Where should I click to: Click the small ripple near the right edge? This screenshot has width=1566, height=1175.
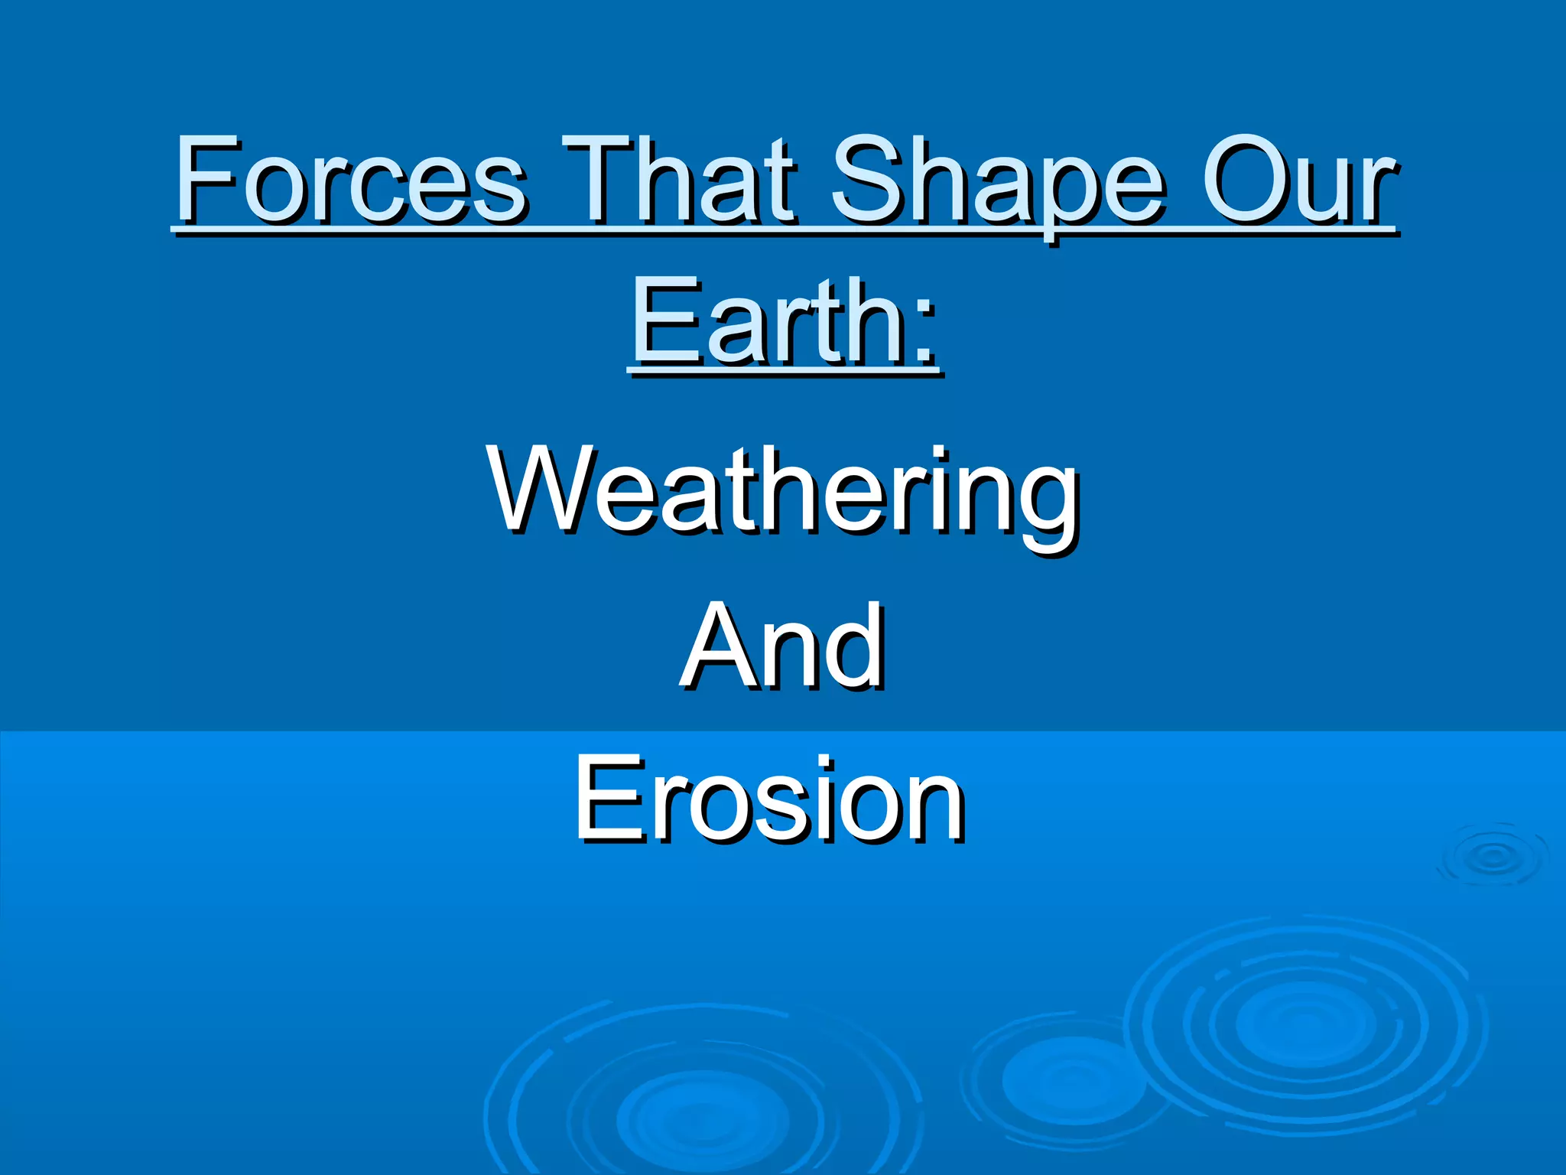point(1493,857)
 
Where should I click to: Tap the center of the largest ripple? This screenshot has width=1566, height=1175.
point(1304,1025)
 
